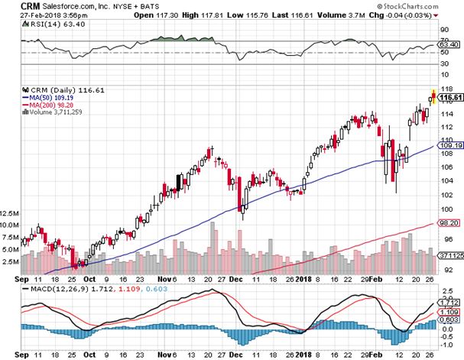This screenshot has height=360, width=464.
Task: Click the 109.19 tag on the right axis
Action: coord(449,144)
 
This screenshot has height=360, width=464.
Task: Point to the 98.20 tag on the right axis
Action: coord(449,223)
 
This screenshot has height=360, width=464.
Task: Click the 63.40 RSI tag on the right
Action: coord(449,46)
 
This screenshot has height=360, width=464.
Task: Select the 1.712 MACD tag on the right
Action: coord(449,303)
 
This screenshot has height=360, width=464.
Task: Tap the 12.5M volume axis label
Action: coord(10,214)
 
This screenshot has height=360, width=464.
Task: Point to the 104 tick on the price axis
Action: coord(446,181)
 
